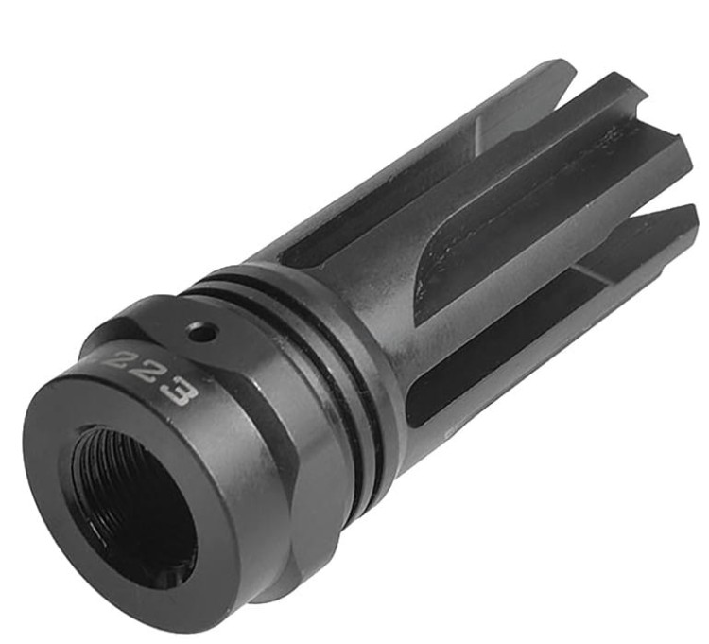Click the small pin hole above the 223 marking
coord(199,332)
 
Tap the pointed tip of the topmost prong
coord(568,65)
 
